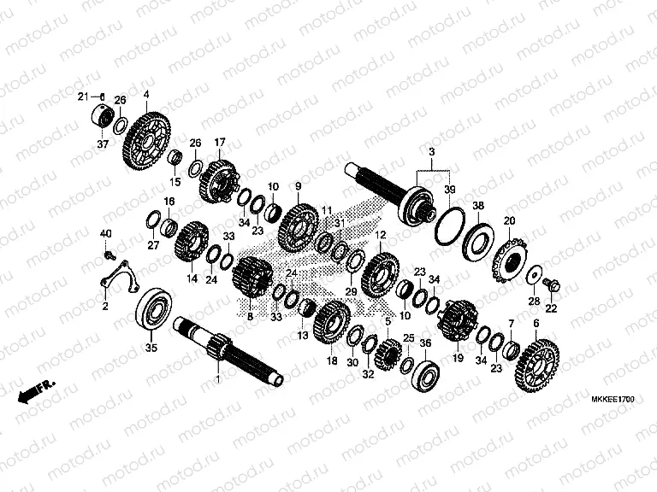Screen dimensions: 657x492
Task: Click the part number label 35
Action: (x=151, y=348)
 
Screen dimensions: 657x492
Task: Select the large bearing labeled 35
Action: (x=154, y=309)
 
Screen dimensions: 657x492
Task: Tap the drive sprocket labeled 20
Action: (x=511, y=261)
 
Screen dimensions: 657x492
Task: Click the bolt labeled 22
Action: (x=552, y=287)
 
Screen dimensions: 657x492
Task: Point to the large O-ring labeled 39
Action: (x=450, y=225)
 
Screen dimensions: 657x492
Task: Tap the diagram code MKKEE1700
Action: (x=613, y=399)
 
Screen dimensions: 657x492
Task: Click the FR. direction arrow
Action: (x=36, y=392)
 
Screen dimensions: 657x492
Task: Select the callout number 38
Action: (x=478, y=205)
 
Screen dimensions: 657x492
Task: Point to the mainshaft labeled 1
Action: (x=228, y=349)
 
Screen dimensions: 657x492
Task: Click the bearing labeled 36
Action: (x=425, y=375)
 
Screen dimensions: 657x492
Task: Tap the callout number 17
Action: (x=220, y=143)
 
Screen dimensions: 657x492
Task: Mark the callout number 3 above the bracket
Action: (x=432, y=151)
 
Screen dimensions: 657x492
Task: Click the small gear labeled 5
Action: (x=388, y=354)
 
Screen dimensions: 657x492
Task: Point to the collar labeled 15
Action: (x=175, y=158)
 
